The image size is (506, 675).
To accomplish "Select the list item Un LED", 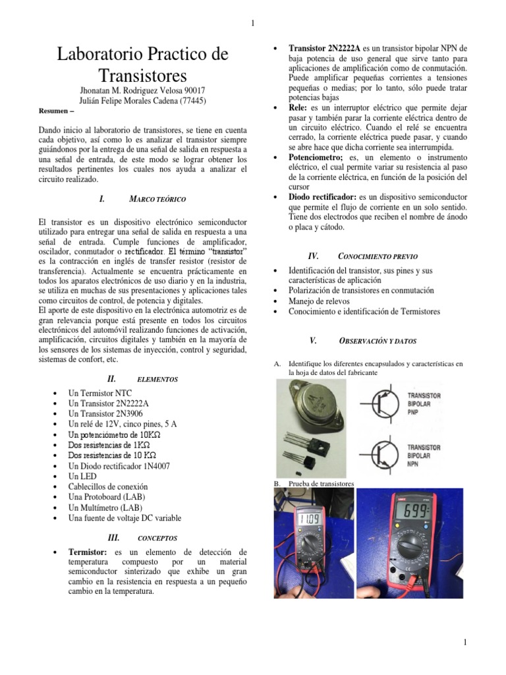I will [82, 477].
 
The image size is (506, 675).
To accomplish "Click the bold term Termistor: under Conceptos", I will [90, 552].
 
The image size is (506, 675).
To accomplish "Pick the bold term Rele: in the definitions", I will [301, 107].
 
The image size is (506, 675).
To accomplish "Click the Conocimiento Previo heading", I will [377, 256].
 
